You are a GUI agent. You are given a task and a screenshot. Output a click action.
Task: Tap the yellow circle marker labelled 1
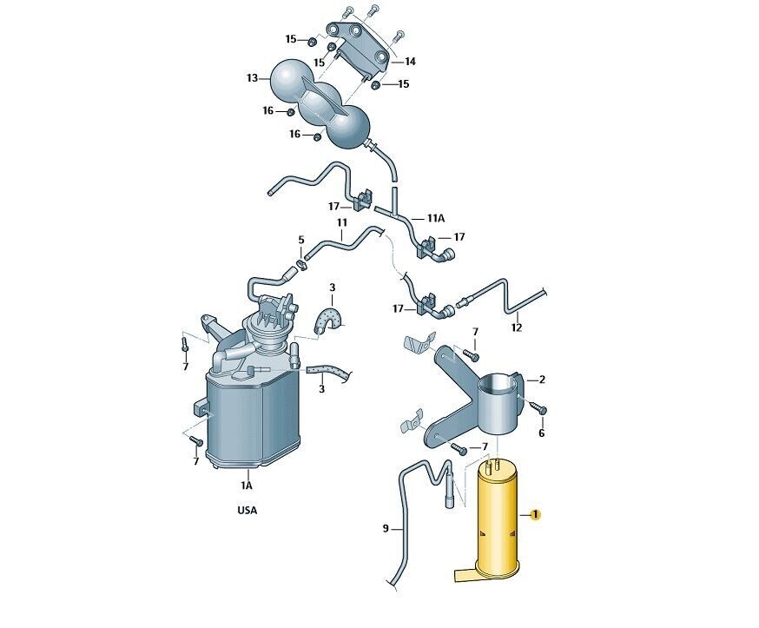535,514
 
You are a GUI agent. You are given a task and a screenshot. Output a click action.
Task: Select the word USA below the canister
247,511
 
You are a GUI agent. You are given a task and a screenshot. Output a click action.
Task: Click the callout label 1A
247,486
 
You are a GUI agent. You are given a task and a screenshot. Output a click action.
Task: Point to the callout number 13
252,78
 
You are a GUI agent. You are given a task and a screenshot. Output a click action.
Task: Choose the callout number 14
410,62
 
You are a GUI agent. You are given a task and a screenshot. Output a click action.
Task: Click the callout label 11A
435,218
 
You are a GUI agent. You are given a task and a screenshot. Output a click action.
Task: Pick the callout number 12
517,327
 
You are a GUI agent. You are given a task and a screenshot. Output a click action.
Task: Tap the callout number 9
386,528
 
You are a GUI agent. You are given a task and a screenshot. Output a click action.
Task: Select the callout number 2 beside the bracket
542,380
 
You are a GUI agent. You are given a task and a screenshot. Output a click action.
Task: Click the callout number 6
541,433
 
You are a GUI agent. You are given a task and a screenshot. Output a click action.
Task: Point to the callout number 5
301,240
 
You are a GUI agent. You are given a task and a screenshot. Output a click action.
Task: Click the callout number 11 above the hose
342,222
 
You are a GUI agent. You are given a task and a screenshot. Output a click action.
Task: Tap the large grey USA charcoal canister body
253,416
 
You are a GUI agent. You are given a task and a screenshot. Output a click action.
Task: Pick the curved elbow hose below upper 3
327,319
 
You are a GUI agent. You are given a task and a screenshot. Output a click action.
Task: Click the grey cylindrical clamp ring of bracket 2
500,402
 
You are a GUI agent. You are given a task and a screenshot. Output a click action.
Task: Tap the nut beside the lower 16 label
317,136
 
